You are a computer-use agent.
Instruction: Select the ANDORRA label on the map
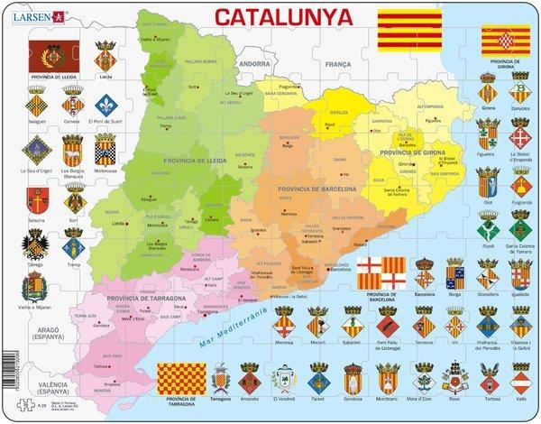[x=254, y=64]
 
